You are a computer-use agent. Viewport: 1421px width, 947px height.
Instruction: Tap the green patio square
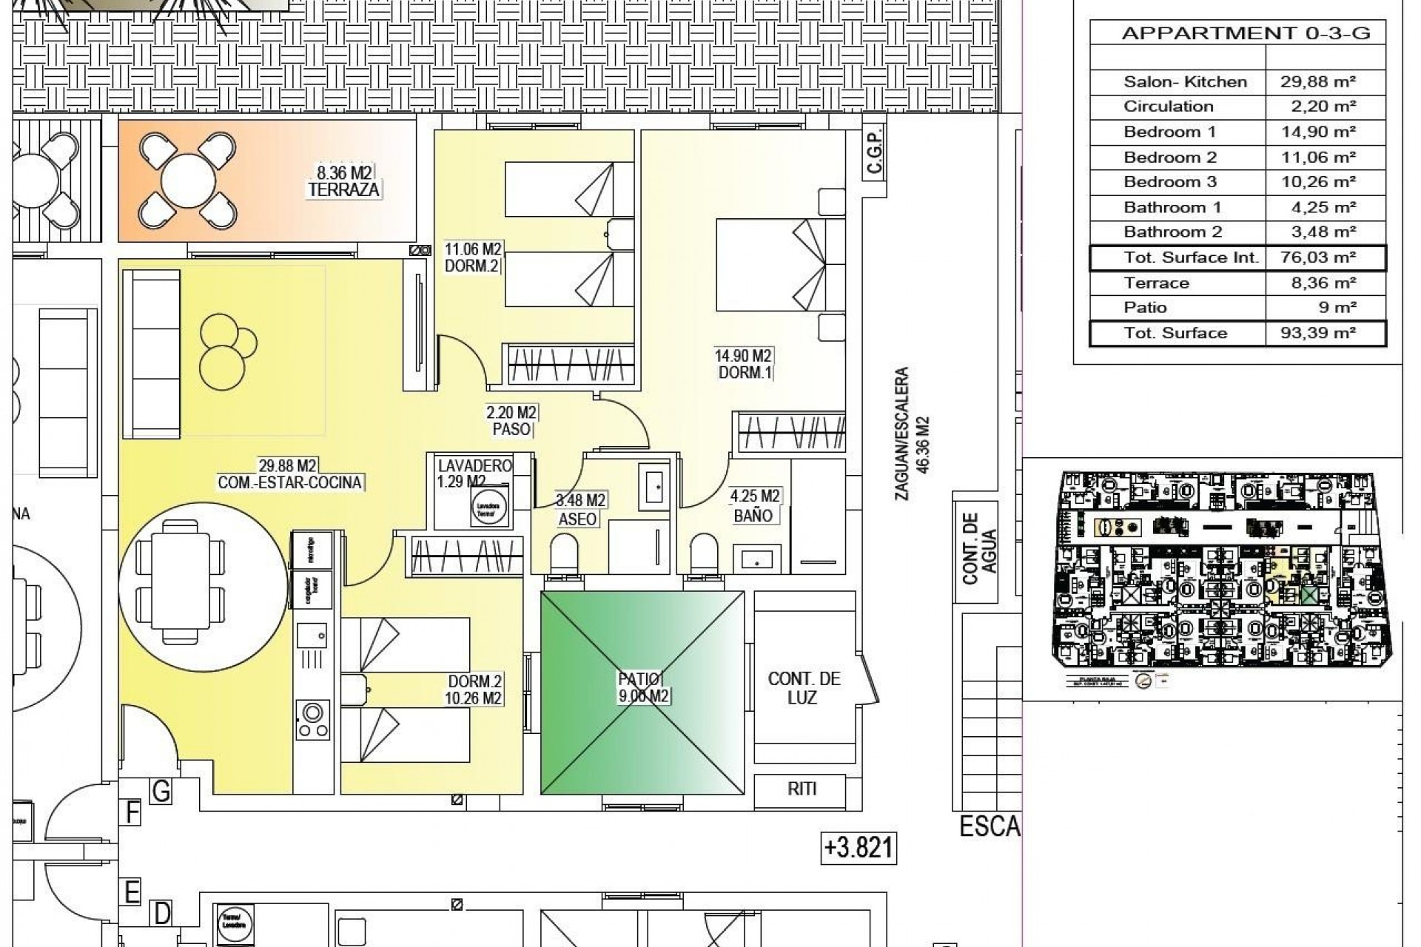(x=642, y=692)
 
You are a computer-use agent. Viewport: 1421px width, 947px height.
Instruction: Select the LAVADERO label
(x=474, y=466)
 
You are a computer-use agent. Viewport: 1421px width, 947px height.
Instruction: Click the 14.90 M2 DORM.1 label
(x=745, y=365)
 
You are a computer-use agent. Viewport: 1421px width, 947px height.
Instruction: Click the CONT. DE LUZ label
(x=804, y=688)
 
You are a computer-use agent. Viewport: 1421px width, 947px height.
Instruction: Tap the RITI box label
(x=802, y=789)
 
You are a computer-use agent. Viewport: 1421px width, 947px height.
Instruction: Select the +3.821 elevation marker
(x=859, y=847)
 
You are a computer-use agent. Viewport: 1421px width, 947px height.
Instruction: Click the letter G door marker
(x=161, y=792)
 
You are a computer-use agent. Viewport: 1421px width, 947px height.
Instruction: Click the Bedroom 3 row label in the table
(x=1170, y=182)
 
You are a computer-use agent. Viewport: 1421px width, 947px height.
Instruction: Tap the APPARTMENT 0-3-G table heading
(x=1246, y=33)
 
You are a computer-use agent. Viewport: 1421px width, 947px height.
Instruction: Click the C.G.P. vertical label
(x=874, y=154)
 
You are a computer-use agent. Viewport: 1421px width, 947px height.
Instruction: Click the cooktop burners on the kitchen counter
(x=312, y=719)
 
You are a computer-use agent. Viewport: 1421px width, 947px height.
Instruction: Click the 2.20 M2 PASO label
(x=511, y=421)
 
